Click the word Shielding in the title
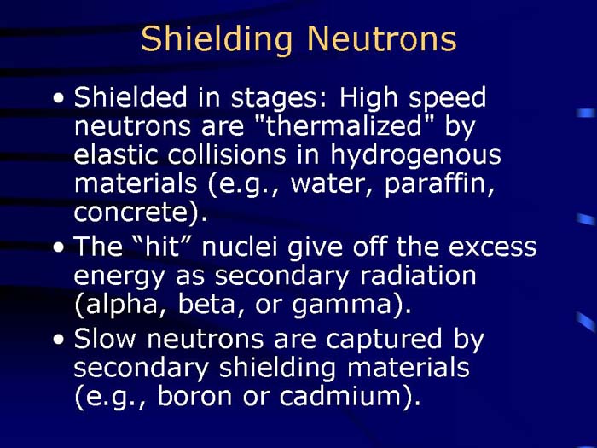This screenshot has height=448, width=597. coord(217,39)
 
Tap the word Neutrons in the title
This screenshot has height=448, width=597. coord(381,39)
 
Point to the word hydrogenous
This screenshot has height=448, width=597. coord(415,156)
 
